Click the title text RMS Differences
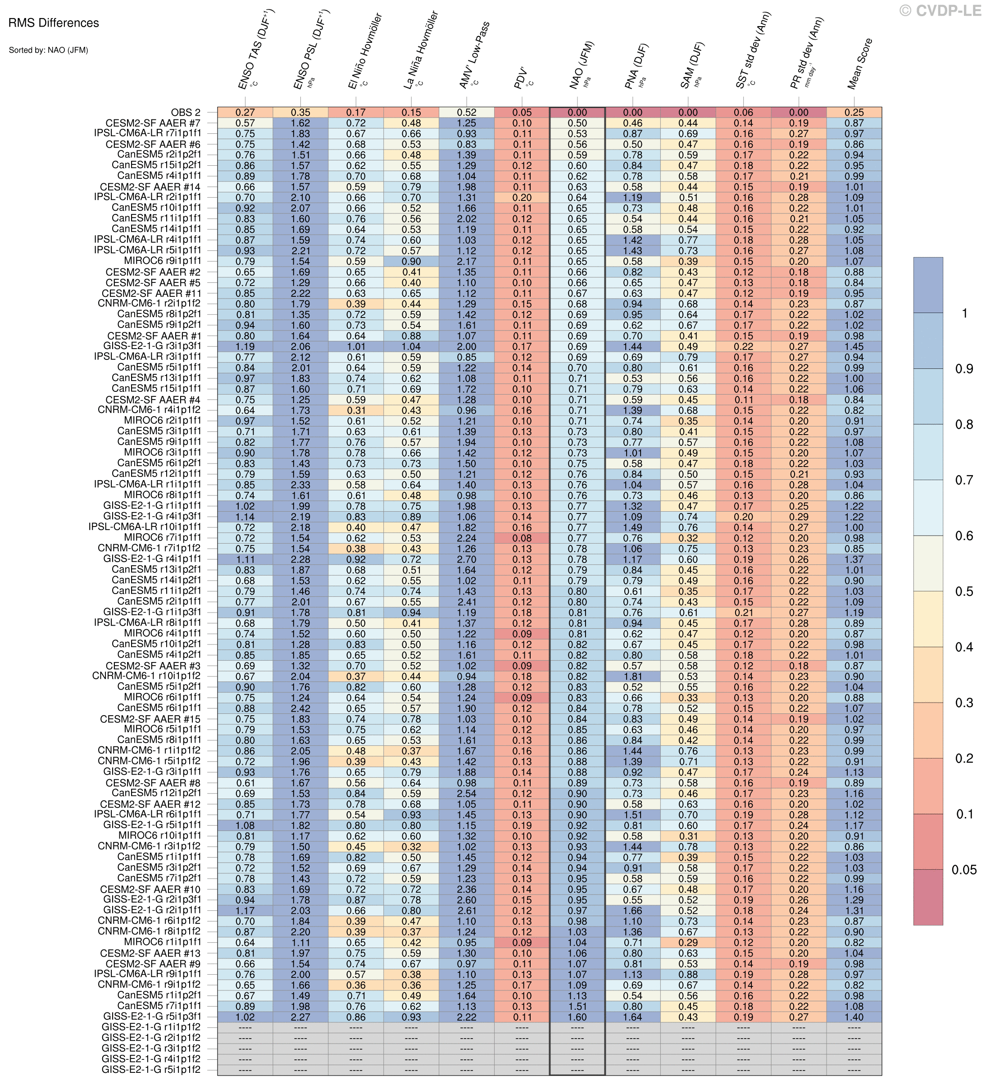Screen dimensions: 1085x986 coord(54,23)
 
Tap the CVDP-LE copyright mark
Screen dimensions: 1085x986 coord(940,10)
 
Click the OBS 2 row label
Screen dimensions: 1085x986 coord(186,113)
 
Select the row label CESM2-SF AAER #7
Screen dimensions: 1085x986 coord(154,123)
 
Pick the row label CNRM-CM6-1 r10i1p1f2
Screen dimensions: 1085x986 coord(146,676)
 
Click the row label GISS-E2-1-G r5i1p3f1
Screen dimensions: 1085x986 coord(152,1017)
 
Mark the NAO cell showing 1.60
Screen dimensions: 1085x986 coord(577,1017)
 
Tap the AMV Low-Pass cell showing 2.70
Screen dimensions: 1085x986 coord(467,559)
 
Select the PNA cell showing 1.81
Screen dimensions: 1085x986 coord(632,676)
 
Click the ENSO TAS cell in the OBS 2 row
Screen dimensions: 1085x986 coord(245,113)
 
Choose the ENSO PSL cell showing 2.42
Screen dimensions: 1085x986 coord(300,708)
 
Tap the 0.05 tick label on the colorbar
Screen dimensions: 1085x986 coord(964,870)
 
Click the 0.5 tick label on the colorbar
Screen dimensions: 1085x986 coord(964,591)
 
